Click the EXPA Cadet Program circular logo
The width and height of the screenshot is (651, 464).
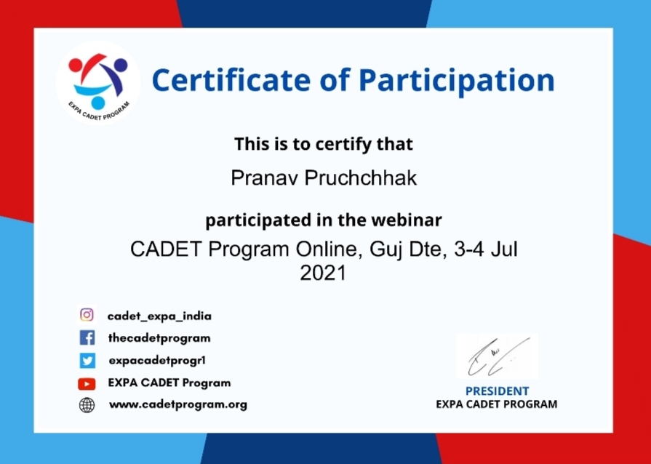(x=98, y=83)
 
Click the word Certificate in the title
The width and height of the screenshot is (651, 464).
(x=231, y=80)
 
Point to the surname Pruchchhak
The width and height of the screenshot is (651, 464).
(x=360, y=178)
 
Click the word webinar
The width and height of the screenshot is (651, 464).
(x=407, y=220)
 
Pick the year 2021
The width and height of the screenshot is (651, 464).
(x=323, y=273)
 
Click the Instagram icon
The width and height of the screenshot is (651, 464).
(x=87, y=315)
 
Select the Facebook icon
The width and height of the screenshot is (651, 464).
(x=87, y=338)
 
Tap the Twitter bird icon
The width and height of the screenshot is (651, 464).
(x=87, y=360)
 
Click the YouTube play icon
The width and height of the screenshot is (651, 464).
(x=87, y=384)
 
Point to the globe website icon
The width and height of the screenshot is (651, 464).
(x=87, y=405)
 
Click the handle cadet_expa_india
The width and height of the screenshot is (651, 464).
(x=159, y=316)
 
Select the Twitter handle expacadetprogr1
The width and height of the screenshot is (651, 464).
(x=157, y=360)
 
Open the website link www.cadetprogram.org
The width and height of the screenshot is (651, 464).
(x=178, y=404)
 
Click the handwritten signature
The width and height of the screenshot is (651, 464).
(x=498, y=356)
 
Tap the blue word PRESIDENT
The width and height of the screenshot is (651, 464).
(x=497, y=391)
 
